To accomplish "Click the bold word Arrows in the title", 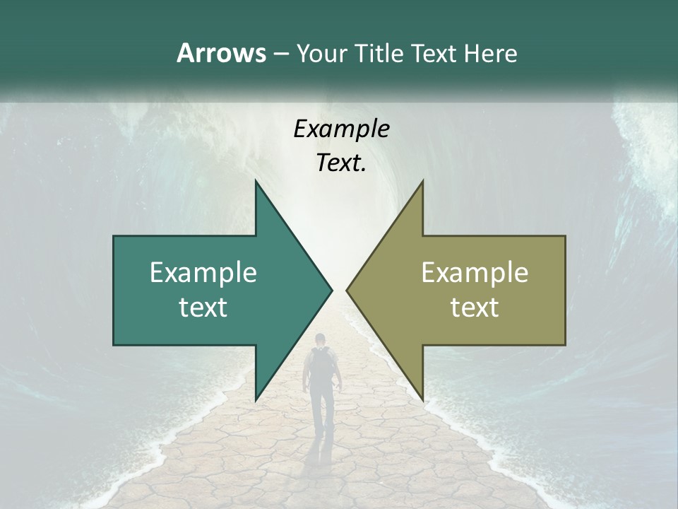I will [220, 53].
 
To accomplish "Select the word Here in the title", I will [490, 53].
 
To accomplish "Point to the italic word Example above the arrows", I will [341, 129].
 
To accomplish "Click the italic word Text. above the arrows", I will [341, 163].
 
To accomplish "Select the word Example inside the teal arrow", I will [203, 272].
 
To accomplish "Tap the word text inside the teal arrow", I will [203, 307].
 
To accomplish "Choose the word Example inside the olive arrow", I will [475, 272].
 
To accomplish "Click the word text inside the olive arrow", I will [475, 307].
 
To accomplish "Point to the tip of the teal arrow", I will [331, 290].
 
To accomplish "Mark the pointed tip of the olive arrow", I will [347, 290].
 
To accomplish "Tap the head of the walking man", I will [321, 339].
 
